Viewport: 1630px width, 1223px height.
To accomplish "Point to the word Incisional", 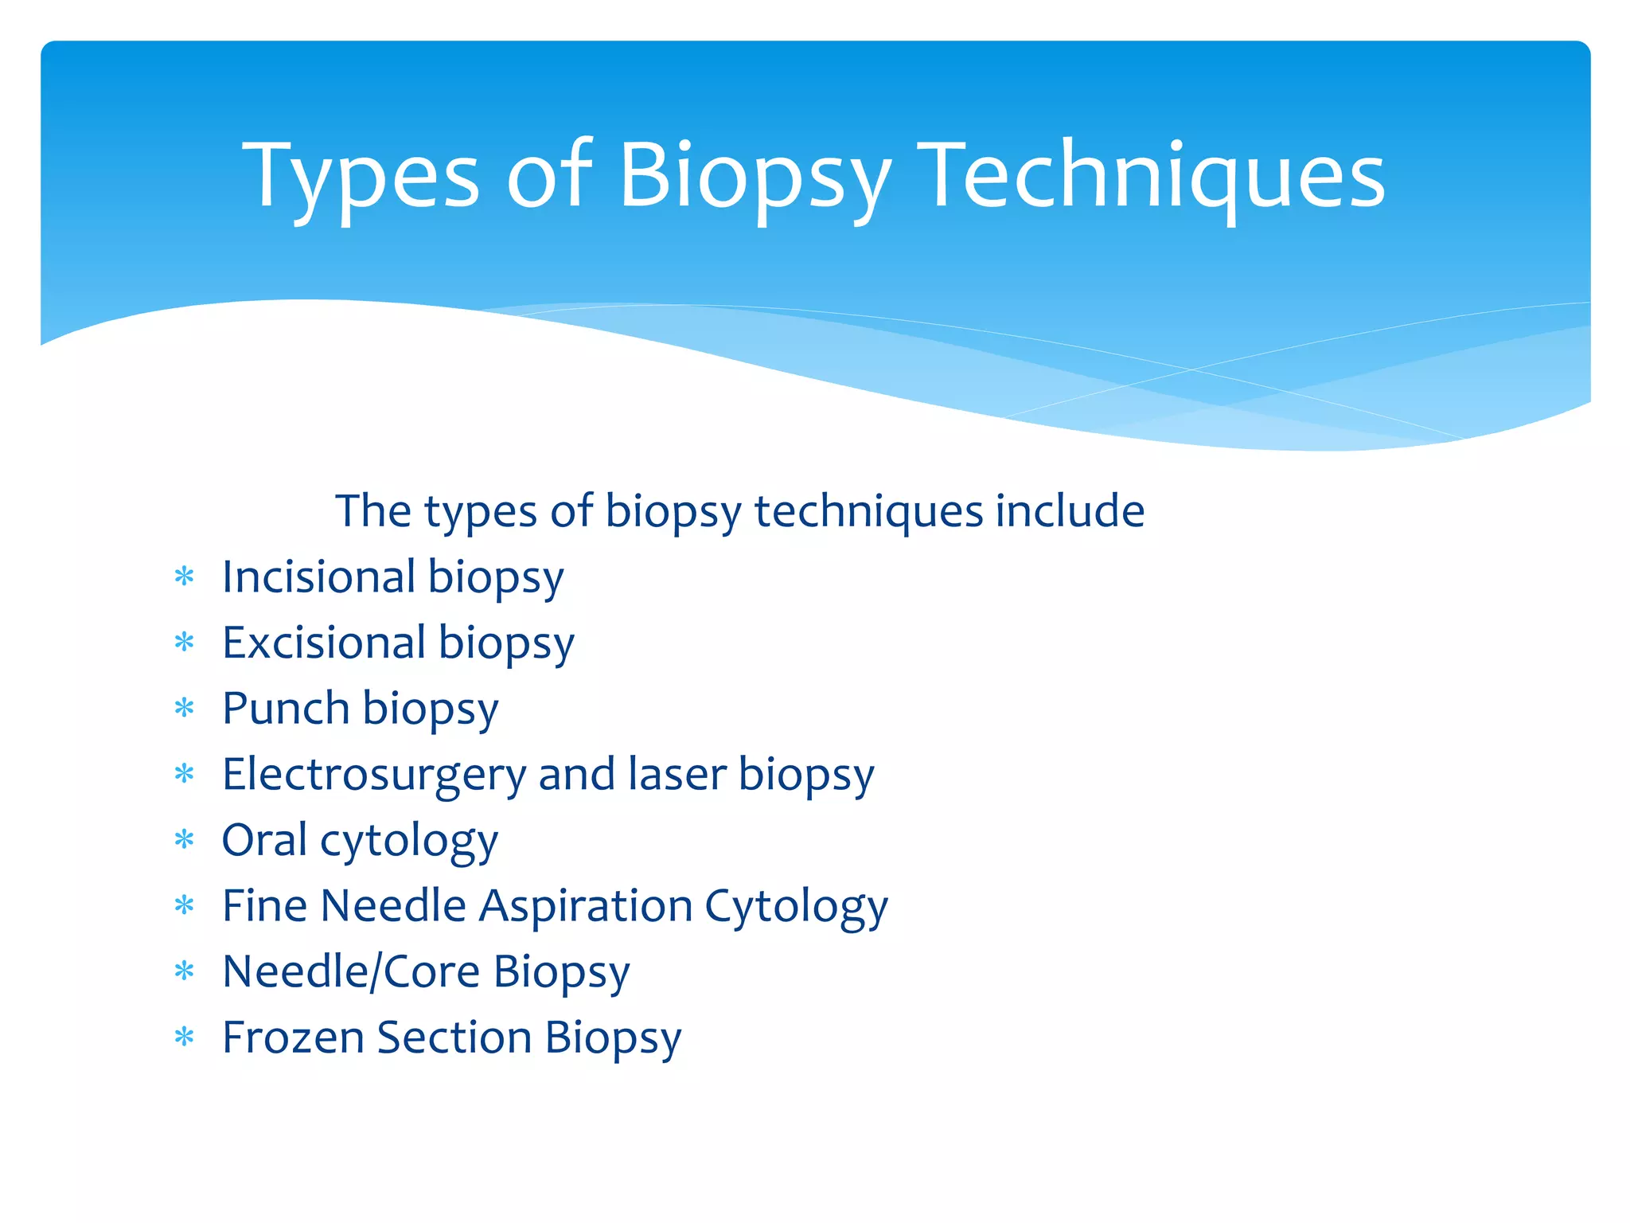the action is tap(318, 576).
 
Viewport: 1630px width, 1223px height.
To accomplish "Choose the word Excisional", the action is tap(324, 643).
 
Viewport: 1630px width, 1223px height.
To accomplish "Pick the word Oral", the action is tap(264, 839).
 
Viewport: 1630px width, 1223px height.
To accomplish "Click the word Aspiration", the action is tap(586, 907).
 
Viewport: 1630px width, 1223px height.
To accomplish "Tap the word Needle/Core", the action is tap(351, 971).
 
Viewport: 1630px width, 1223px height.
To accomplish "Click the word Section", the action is tap(454, 1037).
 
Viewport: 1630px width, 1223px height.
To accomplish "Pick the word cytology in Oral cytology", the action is tap(409, 842).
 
